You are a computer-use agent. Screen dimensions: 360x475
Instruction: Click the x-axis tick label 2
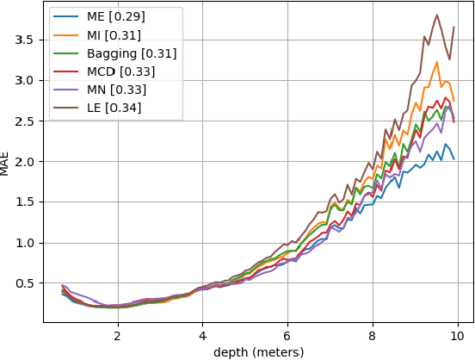pyautogui.click(x=117, y=336)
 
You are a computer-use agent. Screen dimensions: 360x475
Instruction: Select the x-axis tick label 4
pyautogui.click(x=202, y=336)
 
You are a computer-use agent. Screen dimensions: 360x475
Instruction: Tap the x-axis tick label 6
pyautogui.click(x=287, y=336)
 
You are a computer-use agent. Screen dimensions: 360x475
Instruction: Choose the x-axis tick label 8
pyautogui.click(x=373, y=336)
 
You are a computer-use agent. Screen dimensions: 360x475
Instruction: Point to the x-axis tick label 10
pyautogui.click(x=458, y=336)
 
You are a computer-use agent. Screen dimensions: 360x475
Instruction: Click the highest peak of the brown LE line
pyautogui.click(x=437, y=15)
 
